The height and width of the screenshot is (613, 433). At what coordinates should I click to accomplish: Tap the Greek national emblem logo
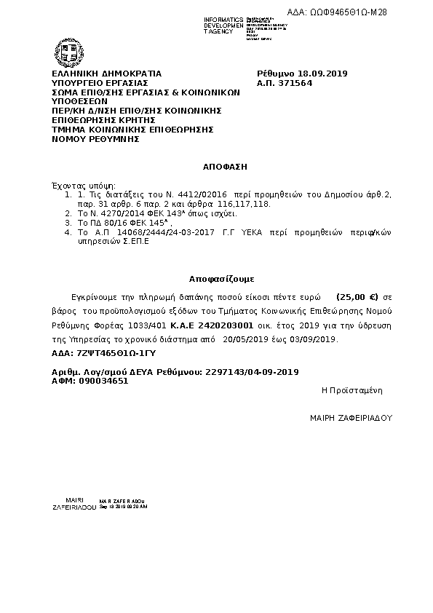[63, 52]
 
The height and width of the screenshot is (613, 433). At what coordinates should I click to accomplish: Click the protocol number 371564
[295, 83]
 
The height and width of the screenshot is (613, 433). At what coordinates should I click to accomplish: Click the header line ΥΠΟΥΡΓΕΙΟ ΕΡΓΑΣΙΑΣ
[100, 83]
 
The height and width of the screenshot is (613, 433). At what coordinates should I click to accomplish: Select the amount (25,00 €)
[358, 298]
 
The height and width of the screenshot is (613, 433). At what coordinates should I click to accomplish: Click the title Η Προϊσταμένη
[351, 391]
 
